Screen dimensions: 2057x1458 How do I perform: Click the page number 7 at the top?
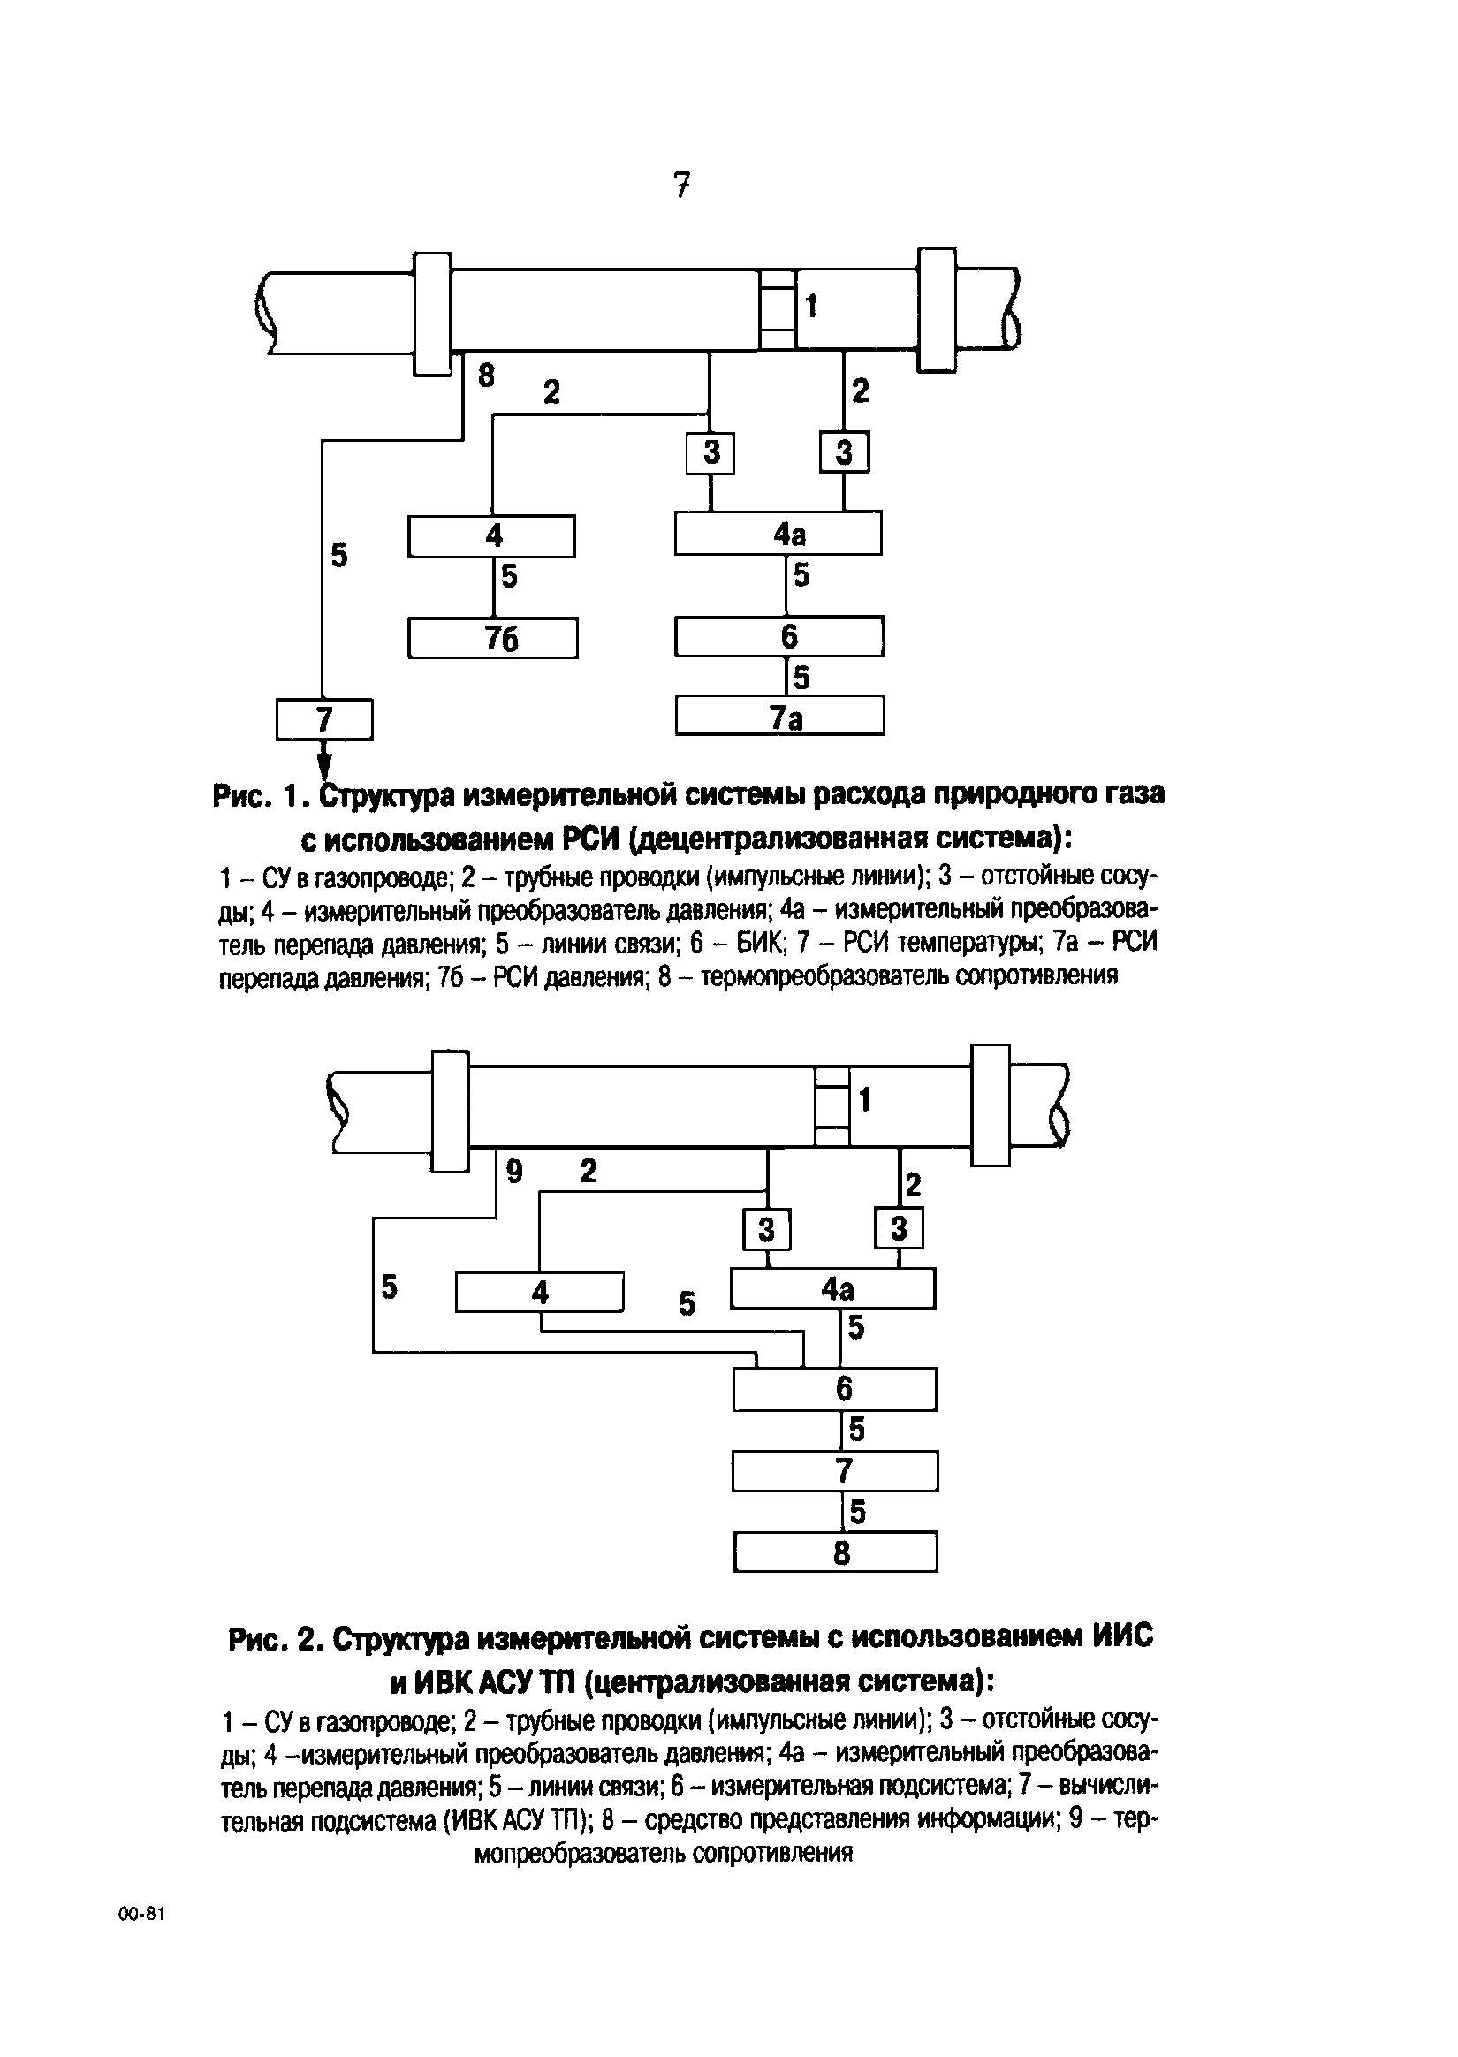tap(681, 185)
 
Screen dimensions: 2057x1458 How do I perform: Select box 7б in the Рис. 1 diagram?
tap(492, 638)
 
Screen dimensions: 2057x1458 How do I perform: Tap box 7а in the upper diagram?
tap(779, 717)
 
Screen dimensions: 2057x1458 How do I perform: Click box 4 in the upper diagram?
tap(491, 535)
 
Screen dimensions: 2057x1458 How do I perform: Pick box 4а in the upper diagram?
tap(778, 533)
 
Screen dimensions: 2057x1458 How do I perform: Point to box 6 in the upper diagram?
tap(779, 636)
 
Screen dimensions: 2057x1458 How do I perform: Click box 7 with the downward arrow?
tap(324, 719)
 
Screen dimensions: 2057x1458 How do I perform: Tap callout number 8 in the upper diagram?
tap(486, 376)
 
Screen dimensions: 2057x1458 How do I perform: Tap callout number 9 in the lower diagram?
tap(513, 1170)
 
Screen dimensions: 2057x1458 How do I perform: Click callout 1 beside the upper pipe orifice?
tap(811, 307)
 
